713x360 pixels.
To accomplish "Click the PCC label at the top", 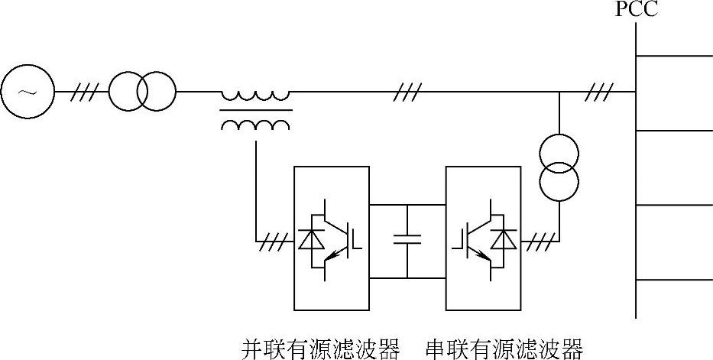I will (636, 11).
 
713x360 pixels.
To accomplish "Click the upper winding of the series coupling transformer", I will (256, 96).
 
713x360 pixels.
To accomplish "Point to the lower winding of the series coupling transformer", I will (256, 125).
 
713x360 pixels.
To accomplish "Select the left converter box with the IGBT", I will (331, 239).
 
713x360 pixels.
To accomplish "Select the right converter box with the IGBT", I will (482, 239).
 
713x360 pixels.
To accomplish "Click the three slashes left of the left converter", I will (273, 242).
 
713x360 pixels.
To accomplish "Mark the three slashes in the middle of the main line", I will (407, 92).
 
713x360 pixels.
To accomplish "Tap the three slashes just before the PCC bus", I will (598, 92).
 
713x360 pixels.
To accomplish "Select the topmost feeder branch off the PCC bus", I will (673, 56).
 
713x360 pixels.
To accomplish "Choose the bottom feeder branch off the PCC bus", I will (673, 281).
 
